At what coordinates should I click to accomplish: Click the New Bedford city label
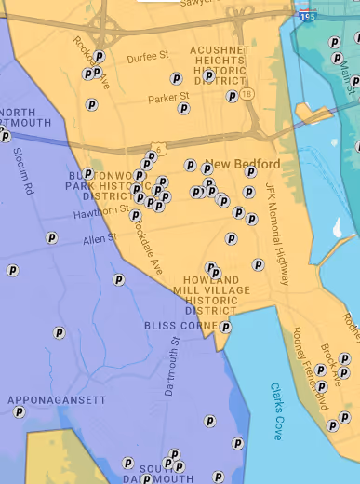(247, 165)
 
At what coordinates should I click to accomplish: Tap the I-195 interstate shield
(306, 16)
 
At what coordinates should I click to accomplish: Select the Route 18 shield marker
(246, 95)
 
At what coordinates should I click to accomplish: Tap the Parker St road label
(168, 96)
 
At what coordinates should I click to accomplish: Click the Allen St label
(95, 240)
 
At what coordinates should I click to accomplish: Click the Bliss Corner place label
(180, 326)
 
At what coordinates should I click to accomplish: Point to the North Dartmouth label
(25, 116)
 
